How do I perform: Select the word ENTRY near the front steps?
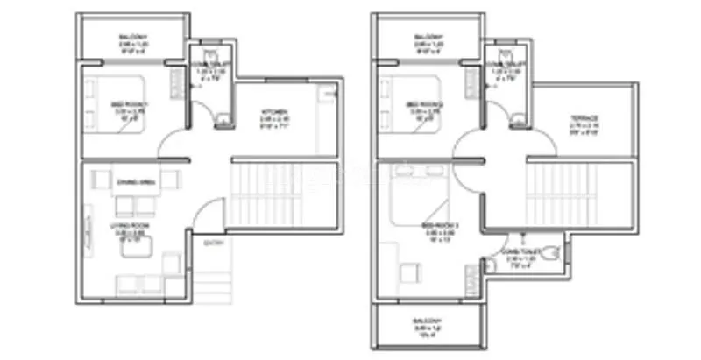point(213,244)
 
